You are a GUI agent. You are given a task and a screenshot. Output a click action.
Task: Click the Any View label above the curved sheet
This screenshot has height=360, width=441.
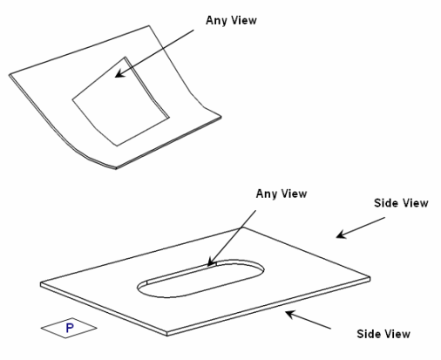coord(231,21)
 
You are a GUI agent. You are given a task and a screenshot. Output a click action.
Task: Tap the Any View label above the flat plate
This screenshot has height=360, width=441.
coord(282,194)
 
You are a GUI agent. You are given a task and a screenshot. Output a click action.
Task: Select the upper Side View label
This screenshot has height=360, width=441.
coord(401,203)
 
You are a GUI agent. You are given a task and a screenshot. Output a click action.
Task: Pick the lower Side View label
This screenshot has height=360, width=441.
coord(383,334)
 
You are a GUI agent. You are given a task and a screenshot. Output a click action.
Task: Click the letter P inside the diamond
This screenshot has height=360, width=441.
coord(70,328)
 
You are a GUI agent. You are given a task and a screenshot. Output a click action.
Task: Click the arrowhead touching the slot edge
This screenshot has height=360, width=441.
coord(211,262)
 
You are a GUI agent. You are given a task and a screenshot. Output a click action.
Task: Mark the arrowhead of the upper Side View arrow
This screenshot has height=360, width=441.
coord(341,234)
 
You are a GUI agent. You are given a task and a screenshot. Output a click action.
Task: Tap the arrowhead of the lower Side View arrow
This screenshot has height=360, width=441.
coord(290,314)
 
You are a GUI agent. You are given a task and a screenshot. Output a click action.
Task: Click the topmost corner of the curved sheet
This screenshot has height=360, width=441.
coord(149,25)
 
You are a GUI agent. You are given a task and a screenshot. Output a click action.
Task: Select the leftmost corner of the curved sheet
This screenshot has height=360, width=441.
coord(10,75)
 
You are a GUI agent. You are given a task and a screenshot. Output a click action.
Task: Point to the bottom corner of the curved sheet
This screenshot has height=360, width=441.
coord(116,168)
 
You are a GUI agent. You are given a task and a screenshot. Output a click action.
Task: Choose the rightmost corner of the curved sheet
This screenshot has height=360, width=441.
coord(221,117)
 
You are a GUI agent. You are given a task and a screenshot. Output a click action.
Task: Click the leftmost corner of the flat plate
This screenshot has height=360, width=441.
coord(41,283)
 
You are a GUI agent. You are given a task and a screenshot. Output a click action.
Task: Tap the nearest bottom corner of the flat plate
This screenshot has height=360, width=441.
coord(167,334)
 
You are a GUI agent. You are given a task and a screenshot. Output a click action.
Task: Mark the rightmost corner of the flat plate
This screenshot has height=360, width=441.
coord(370,278)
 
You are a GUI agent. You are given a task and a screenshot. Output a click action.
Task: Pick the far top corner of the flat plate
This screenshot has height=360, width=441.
coord(243,227)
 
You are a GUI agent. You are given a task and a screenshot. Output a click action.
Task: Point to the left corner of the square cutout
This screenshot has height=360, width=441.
coord(72,100)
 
